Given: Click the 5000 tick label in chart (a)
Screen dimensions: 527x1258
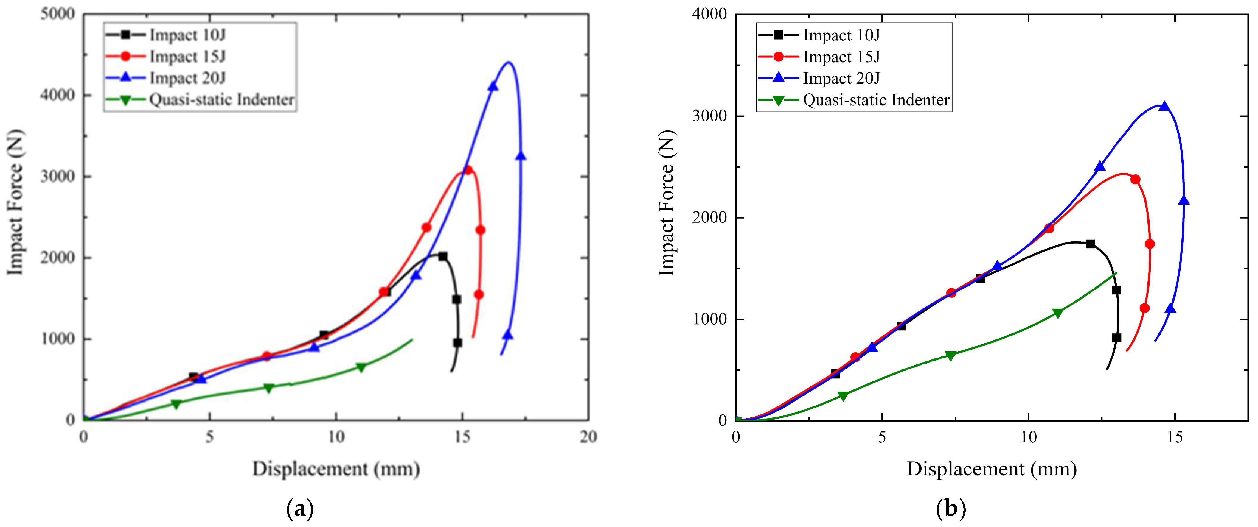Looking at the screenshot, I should point(57,14).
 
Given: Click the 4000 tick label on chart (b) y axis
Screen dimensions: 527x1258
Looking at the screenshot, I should point(709,14).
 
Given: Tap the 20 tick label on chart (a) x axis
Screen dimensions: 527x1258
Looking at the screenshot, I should point(588,437).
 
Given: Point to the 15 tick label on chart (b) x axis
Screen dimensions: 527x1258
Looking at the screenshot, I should point(1175,437).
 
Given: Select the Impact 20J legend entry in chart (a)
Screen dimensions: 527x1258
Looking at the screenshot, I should point(187,78).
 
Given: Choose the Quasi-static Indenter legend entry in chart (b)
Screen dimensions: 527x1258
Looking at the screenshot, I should point(876,100).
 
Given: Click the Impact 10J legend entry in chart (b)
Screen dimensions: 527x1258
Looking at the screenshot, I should point(841,35).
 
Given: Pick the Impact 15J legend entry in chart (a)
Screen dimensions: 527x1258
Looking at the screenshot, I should point(187,57).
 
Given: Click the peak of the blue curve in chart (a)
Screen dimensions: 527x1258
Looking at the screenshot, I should point(508,63).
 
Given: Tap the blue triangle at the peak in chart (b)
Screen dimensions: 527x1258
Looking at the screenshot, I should point(1164,106).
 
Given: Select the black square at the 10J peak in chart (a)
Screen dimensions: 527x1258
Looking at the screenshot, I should point(442,256).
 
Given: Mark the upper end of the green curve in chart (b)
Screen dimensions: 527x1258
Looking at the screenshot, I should point(1116,273).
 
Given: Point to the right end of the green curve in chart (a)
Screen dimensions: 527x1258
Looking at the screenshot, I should point(412,339).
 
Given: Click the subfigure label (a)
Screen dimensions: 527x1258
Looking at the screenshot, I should point(299,509).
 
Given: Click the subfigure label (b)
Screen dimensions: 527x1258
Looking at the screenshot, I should point(950,509).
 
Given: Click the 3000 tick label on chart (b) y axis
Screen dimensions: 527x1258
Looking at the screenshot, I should point(709,116).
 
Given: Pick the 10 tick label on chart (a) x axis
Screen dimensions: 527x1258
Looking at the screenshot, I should point(336,437).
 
